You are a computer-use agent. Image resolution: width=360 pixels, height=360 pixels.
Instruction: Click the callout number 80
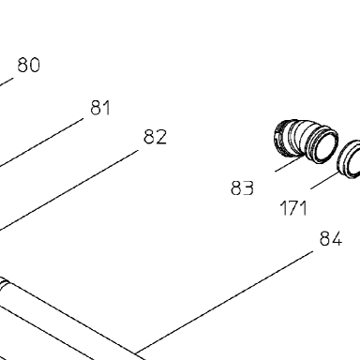29,65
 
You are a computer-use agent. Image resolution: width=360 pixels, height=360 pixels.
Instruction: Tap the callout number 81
100,108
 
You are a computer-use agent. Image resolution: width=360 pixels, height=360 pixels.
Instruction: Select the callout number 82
155,137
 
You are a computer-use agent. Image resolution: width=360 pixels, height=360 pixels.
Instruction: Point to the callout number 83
242,188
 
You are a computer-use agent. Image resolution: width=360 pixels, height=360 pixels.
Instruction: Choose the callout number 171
293,208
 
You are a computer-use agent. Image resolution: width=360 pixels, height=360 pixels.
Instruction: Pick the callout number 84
331,239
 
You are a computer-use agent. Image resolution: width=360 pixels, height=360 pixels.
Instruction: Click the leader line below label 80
7,82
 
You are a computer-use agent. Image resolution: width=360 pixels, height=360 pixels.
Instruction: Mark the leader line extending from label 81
41,142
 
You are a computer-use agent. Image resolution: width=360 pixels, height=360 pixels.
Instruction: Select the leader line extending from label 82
68,191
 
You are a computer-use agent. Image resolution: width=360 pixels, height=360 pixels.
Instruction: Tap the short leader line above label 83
289,164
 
